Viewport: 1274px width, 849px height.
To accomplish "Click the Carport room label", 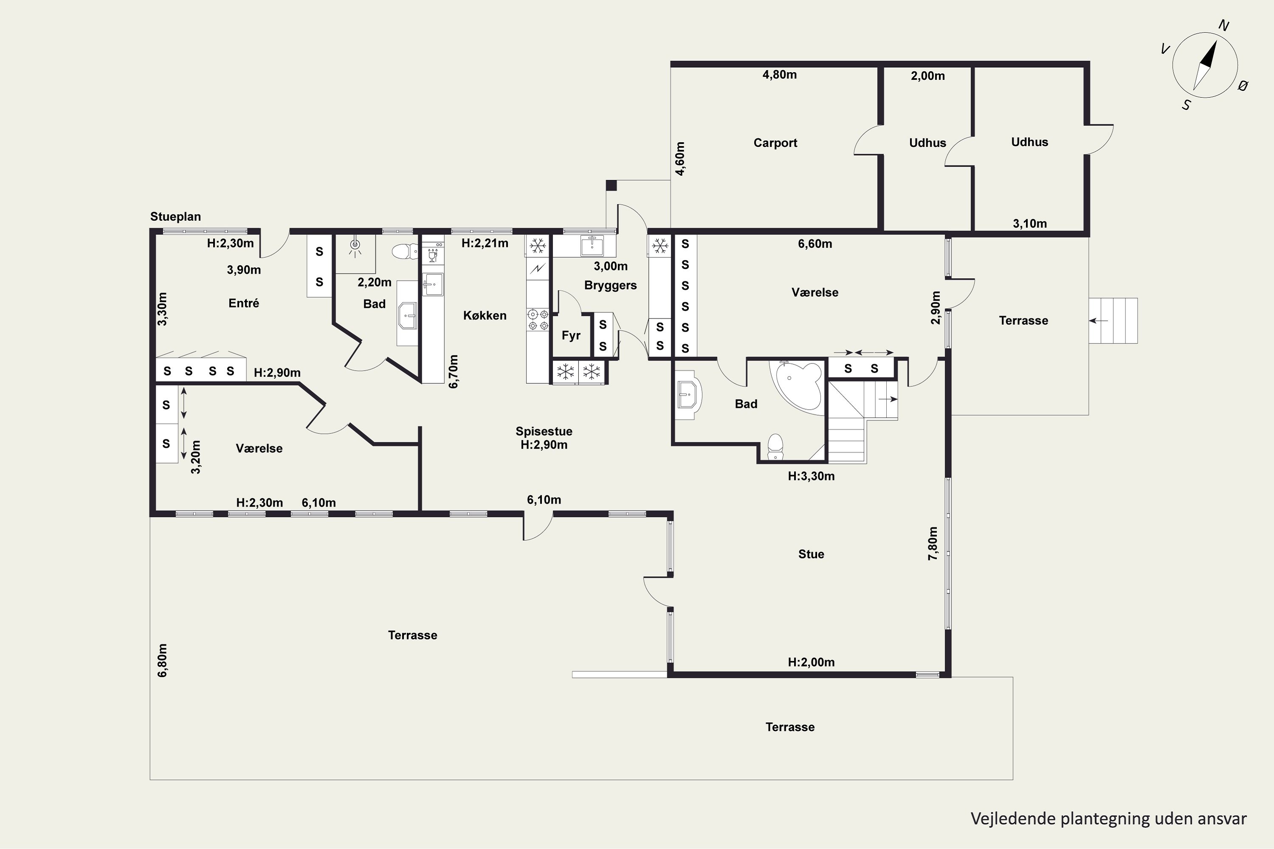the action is click(x=775, y=143).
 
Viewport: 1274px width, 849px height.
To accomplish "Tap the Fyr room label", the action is click(x=571, y=336).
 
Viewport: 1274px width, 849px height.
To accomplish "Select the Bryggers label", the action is click(x=611, y=285).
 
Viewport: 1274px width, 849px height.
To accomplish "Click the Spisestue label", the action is click(x=544, y=431).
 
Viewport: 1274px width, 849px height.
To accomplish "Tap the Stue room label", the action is click(x=811, y=554).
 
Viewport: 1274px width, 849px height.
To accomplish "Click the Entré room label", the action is click(x=244, y=303).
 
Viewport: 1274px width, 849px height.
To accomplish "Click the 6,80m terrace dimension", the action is click(x=163, y=660).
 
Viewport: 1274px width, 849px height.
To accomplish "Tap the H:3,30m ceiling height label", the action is click(x=811, y=476).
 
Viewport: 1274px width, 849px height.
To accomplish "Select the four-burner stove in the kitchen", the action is click(x=538, y=320).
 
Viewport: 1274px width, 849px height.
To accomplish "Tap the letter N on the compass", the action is click(x=1223, y=25).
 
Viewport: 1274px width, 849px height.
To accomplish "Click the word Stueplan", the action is click(x=175, y=216).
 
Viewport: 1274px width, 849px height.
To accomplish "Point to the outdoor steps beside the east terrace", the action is click(x=1113, y=320).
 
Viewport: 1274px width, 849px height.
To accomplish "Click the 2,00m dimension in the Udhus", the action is click(x=928, y=76).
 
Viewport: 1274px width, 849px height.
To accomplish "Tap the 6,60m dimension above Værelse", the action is click(x=815, y=244).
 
